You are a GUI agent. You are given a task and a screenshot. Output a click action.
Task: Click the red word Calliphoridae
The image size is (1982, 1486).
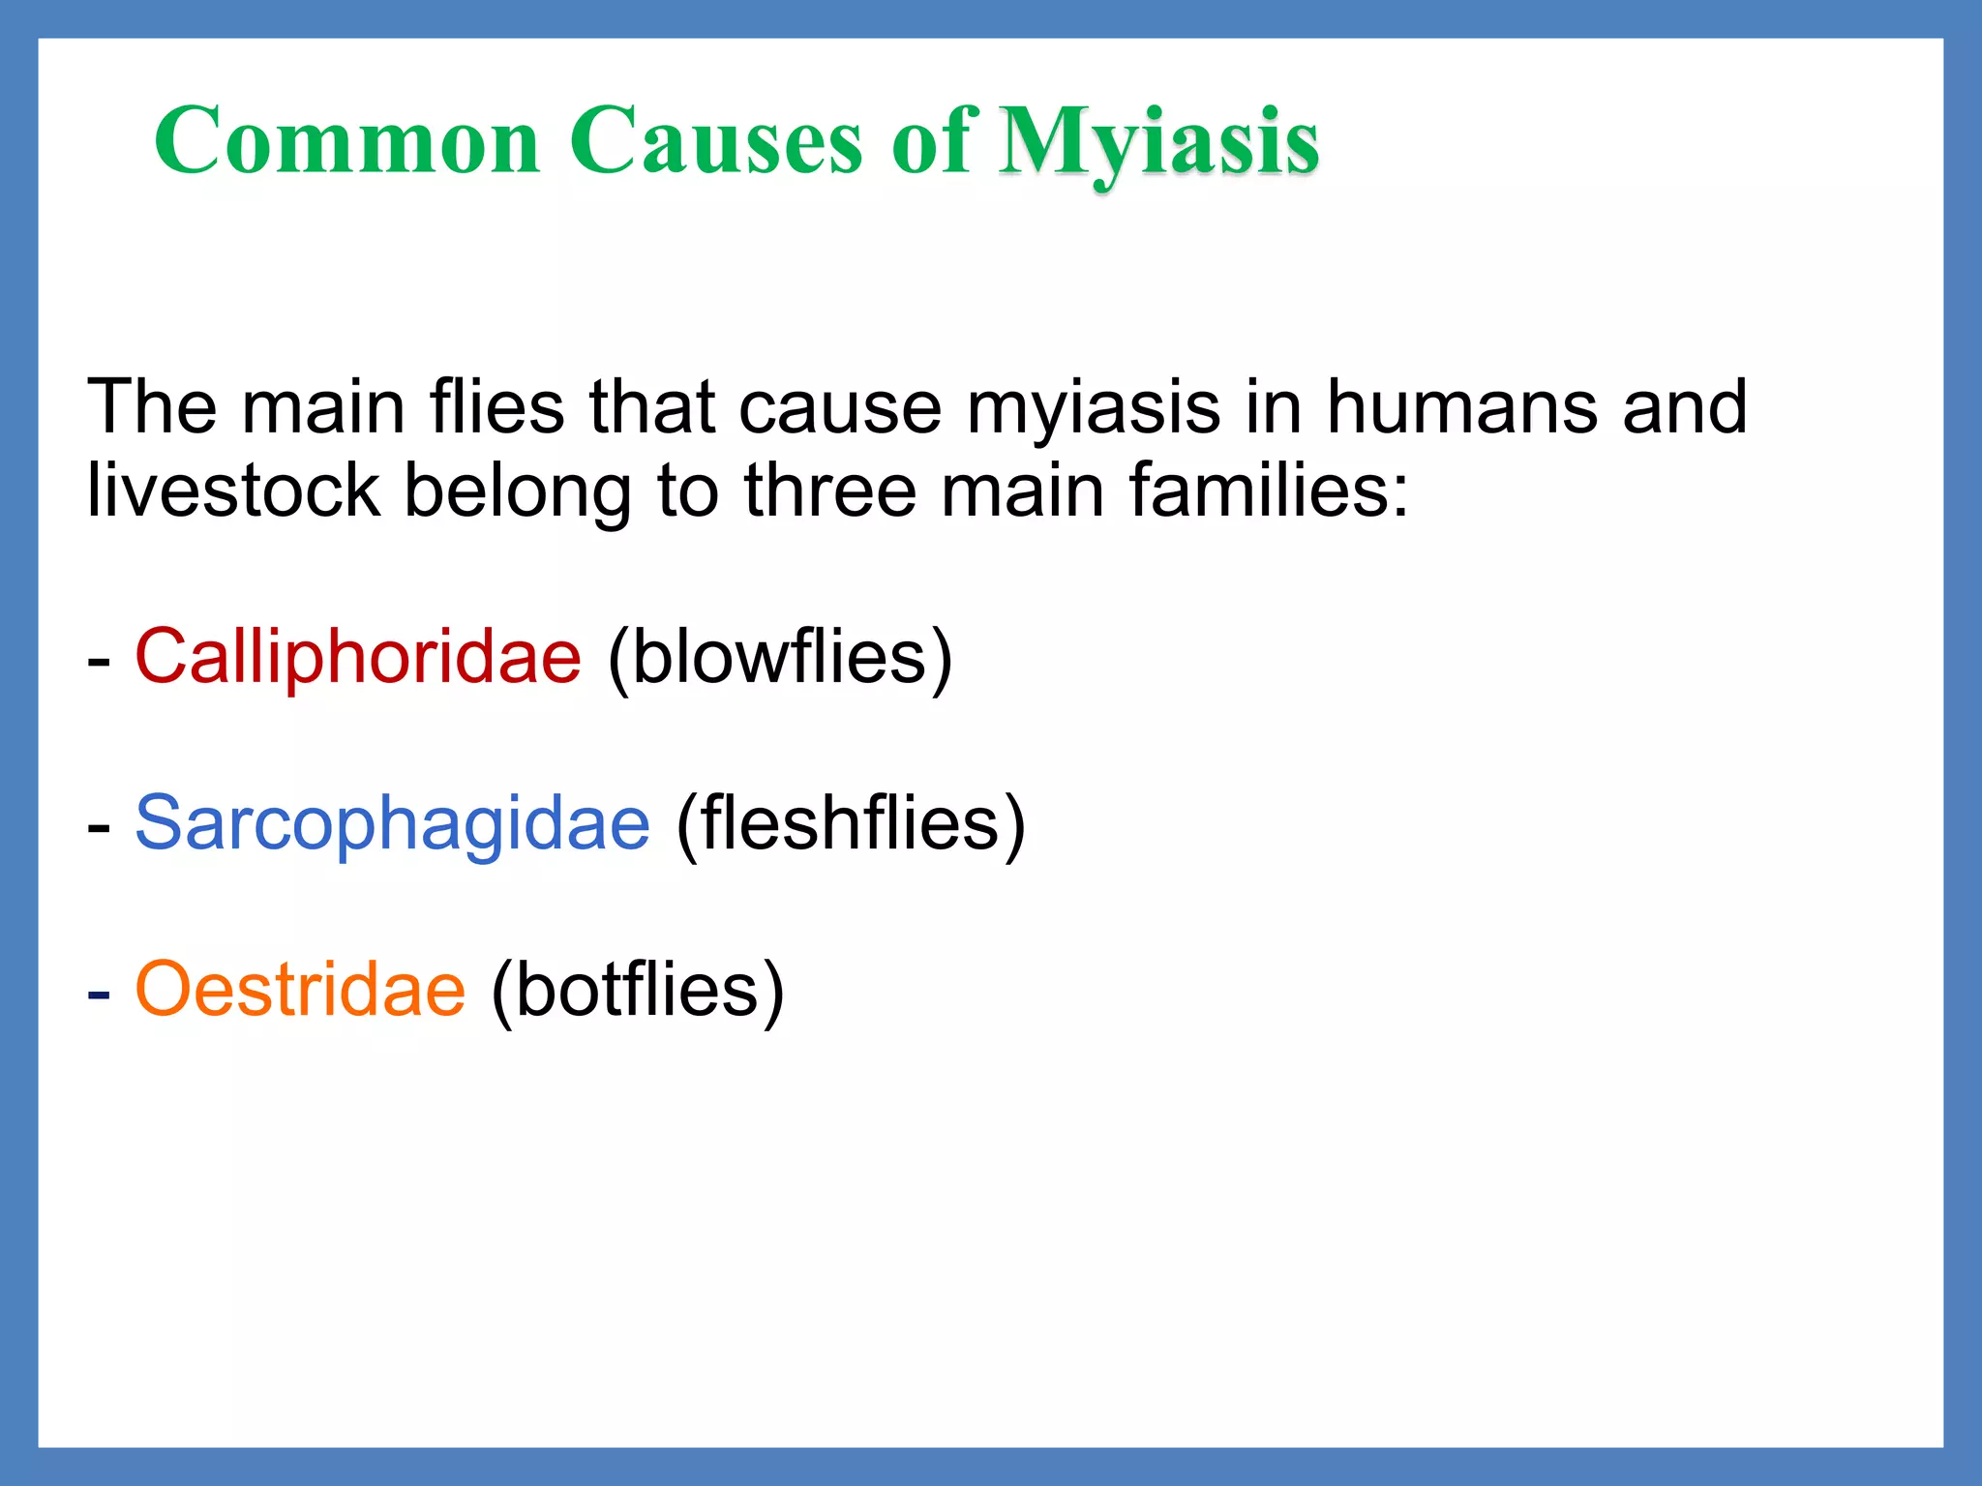coord(358,657)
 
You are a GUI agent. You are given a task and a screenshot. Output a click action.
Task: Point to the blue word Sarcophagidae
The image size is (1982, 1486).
coord(392,823)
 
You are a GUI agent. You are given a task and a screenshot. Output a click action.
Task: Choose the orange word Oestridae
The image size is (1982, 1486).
coord(300,990)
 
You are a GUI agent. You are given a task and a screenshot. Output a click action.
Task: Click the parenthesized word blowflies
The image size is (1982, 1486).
coord(780,657)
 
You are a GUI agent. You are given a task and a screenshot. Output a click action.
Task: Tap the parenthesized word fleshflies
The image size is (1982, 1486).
coord(850,823)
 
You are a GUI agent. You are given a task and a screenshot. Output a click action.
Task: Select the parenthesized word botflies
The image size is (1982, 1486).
coord(638,990)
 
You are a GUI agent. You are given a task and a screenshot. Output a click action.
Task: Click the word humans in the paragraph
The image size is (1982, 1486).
coord(1461,406)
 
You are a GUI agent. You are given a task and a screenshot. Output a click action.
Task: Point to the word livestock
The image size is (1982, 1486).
coord(233,490)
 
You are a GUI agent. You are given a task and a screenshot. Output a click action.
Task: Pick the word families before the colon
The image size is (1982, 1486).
coord(1258,490)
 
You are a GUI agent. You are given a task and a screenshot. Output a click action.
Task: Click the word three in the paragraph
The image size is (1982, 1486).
coord(829,490)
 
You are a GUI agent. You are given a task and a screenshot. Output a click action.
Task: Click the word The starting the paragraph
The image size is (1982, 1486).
coord(152,406)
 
